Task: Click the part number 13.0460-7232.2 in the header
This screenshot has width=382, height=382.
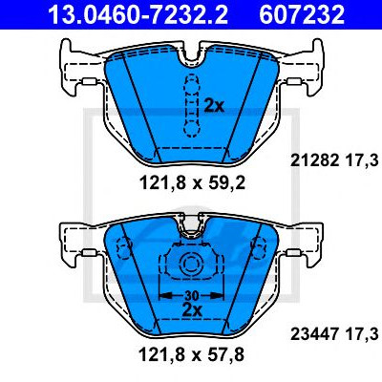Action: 138,14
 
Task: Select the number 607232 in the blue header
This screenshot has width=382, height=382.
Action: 302,14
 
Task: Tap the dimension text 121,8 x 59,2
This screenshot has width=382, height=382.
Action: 192,183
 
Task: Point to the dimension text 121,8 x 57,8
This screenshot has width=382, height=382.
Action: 191,354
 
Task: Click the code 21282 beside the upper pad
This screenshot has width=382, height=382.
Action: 314,160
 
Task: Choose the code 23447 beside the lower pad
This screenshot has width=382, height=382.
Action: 314,334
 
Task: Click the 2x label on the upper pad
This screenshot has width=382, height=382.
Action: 214,106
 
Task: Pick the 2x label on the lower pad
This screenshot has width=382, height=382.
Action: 192,309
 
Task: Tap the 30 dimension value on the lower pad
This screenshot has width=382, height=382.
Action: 191,296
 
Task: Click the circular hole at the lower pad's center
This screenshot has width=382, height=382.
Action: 191,264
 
